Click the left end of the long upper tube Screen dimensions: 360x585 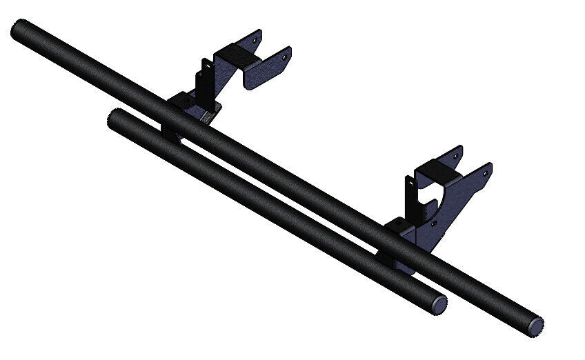tap(19, 30)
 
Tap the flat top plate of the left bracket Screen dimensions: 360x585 tap(235, 55)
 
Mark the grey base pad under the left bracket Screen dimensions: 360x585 tap(206, 116)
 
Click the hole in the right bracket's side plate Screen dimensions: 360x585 tap(433, 223)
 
